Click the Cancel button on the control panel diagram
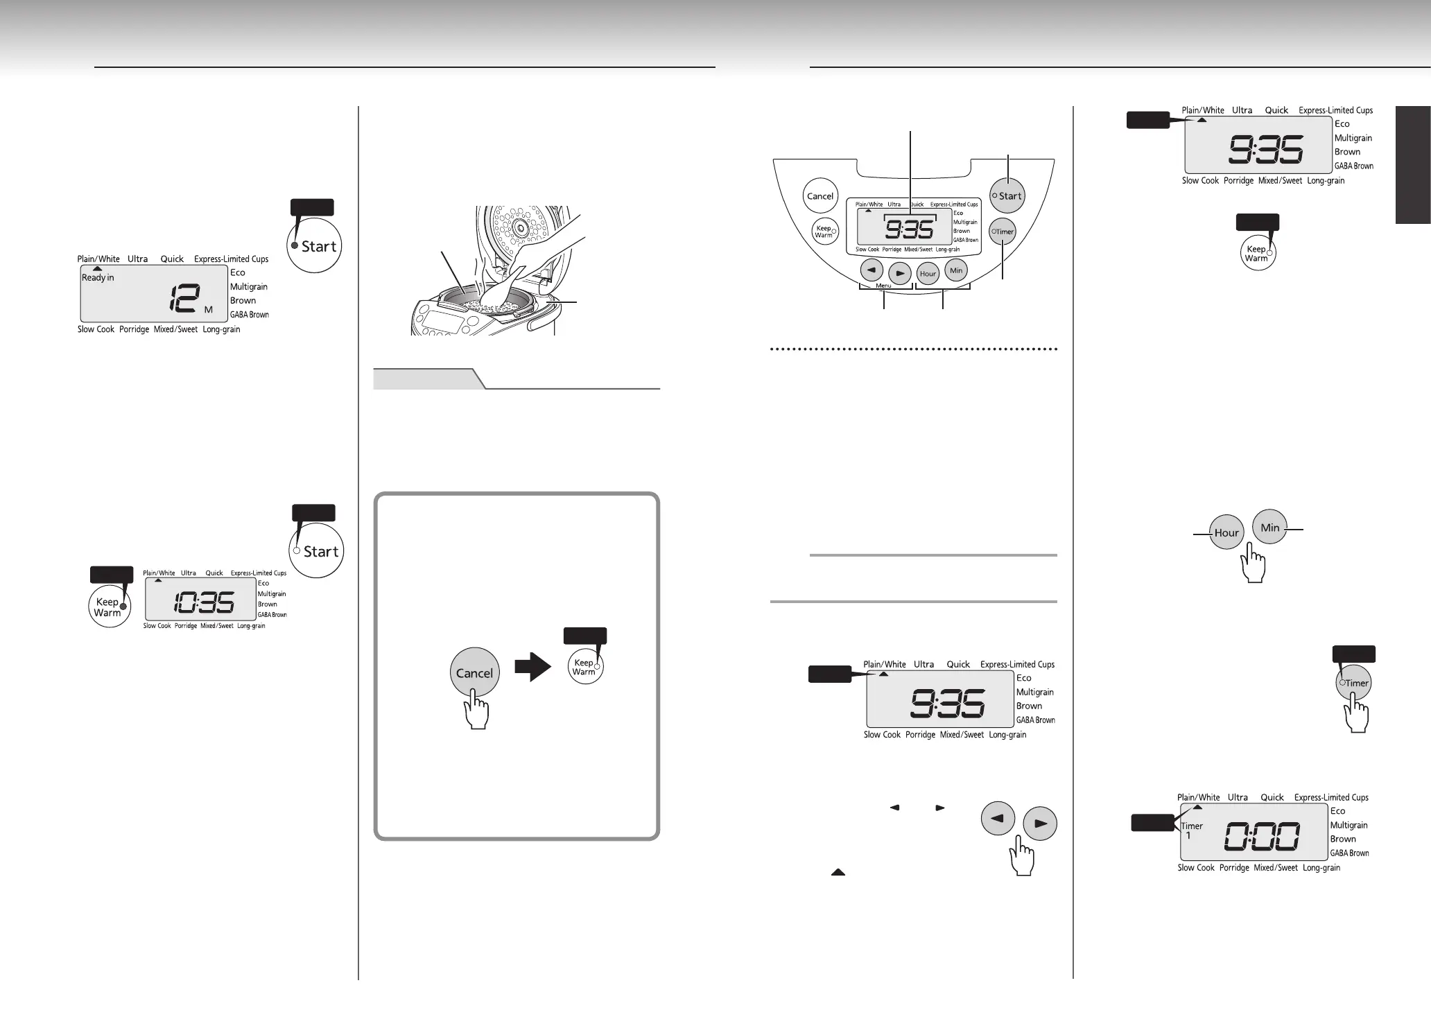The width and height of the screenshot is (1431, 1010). coord(819,196)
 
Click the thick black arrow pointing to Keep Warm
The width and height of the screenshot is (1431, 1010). coord(532,668)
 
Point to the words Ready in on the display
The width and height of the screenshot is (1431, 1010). coord(98,277)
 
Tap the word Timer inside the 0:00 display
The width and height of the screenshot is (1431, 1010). coord(1192,826)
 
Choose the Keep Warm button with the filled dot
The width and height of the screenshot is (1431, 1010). coord(109,607)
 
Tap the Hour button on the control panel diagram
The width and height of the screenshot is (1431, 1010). coord(928,274)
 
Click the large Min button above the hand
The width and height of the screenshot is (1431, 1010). coord(1269,528)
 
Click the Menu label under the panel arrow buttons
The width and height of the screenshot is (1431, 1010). coord(883,286)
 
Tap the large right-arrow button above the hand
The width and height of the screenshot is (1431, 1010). coord(1040,824)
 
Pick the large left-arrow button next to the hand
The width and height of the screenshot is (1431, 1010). coord(998,819)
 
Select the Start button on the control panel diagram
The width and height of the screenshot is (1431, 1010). coord(1007,196)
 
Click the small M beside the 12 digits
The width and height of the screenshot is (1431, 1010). coord(208,310)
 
